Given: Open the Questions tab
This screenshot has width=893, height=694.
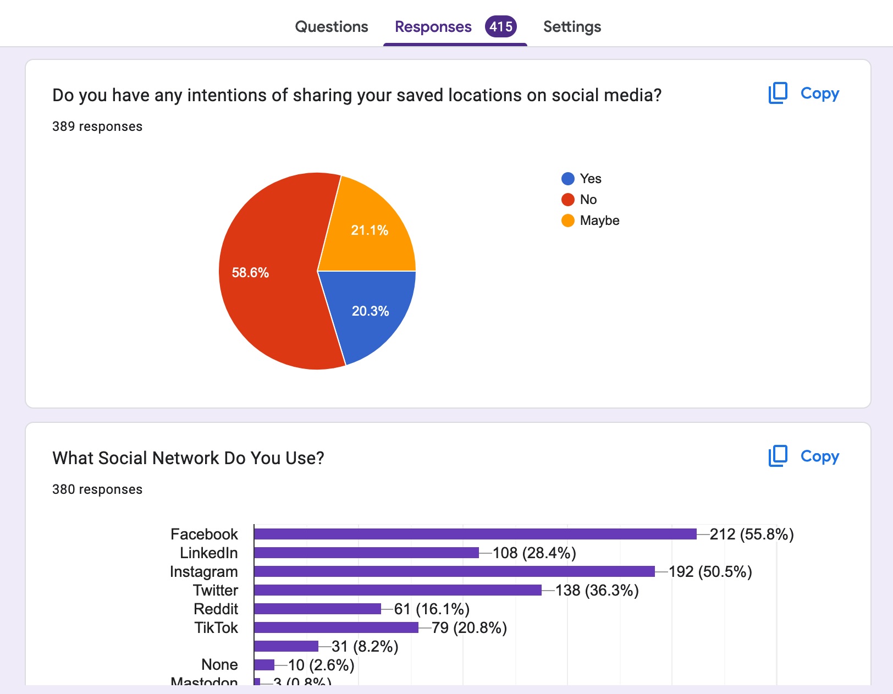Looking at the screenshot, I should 332,26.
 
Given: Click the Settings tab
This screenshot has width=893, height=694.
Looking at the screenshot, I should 572,26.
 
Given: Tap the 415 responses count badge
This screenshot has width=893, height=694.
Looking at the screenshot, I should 500,26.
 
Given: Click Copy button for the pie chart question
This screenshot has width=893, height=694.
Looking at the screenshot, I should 803,93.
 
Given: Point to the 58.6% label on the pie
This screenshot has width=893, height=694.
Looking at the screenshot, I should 250,273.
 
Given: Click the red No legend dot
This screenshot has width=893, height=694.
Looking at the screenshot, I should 568,200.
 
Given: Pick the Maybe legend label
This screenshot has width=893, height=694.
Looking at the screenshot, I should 599,221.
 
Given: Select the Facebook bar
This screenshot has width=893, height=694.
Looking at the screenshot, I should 475,534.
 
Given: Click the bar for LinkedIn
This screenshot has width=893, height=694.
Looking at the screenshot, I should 366,553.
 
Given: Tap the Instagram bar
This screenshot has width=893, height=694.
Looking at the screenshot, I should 454,571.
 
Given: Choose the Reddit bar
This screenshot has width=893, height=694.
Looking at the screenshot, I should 317,609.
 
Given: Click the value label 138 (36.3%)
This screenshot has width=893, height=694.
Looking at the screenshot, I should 597,591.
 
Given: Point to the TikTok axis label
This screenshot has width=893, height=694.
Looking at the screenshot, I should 216,627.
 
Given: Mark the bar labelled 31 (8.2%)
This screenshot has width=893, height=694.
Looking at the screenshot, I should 286,646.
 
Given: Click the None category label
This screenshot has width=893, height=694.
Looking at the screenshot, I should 219,665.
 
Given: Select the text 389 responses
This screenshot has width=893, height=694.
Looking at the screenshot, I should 97,126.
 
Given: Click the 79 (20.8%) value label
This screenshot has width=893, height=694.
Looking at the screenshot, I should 469,628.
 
